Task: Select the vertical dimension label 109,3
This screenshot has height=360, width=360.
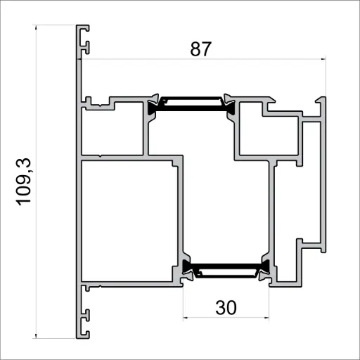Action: tap(25, 181)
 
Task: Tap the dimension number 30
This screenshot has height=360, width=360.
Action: tap(226, 307)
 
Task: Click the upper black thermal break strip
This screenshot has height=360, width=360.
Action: tap(192, 103)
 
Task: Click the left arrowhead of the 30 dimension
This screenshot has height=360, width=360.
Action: tap(186, 318)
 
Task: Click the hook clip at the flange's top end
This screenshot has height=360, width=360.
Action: tap(85, 39)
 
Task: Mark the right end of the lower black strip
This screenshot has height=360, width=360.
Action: tap(266, 266)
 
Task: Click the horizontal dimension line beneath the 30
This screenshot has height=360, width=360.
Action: tap(226, 318)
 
